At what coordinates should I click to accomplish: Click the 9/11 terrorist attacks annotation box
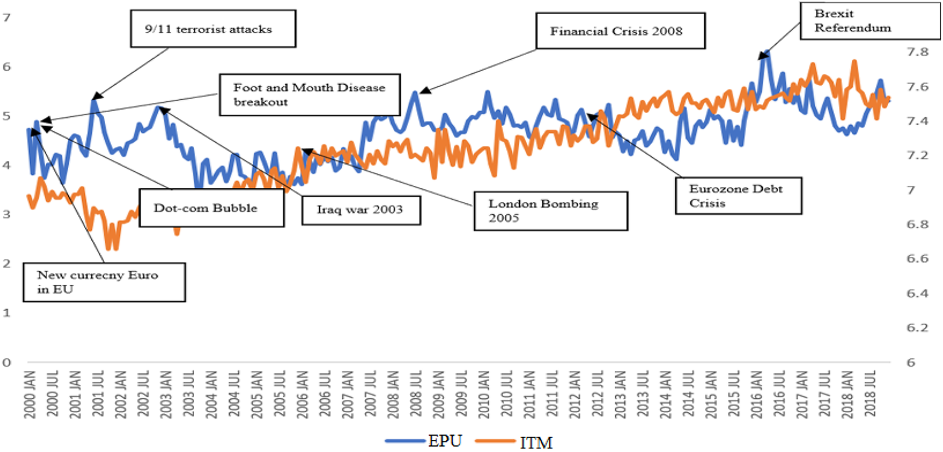tap(213, 28)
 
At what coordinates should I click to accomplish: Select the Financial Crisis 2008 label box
tap(621, 31)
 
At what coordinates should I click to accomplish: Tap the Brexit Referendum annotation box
tap(870, 21)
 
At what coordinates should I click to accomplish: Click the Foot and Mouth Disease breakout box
tap(310, 95)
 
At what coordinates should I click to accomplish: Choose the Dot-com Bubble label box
tap(212, 208)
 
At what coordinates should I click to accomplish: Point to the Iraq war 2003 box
tap(361, 210)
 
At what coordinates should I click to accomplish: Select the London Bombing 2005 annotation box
tap(551, 211)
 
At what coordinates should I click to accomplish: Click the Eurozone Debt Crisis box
tap(739, 195)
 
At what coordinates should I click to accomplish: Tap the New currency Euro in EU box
tap(105, 282)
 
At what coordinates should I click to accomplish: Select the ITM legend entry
tap(514, 442)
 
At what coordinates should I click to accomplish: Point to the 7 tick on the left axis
tap(6, 18)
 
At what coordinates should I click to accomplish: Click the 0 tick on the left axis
tap(6, 362)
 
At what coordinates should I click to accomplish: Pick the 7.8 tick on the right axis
tap(918, 52)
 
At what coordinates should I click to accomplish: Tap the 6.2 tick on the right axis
tap(918, 327)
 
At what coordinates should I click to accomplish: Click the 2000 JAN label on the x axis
tap(30, 395)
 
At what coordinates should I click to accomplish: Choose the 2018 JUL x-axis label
tap(870, 393)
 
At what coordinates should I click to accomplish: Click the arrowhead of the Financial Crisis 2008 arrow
tap(425, 90)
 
